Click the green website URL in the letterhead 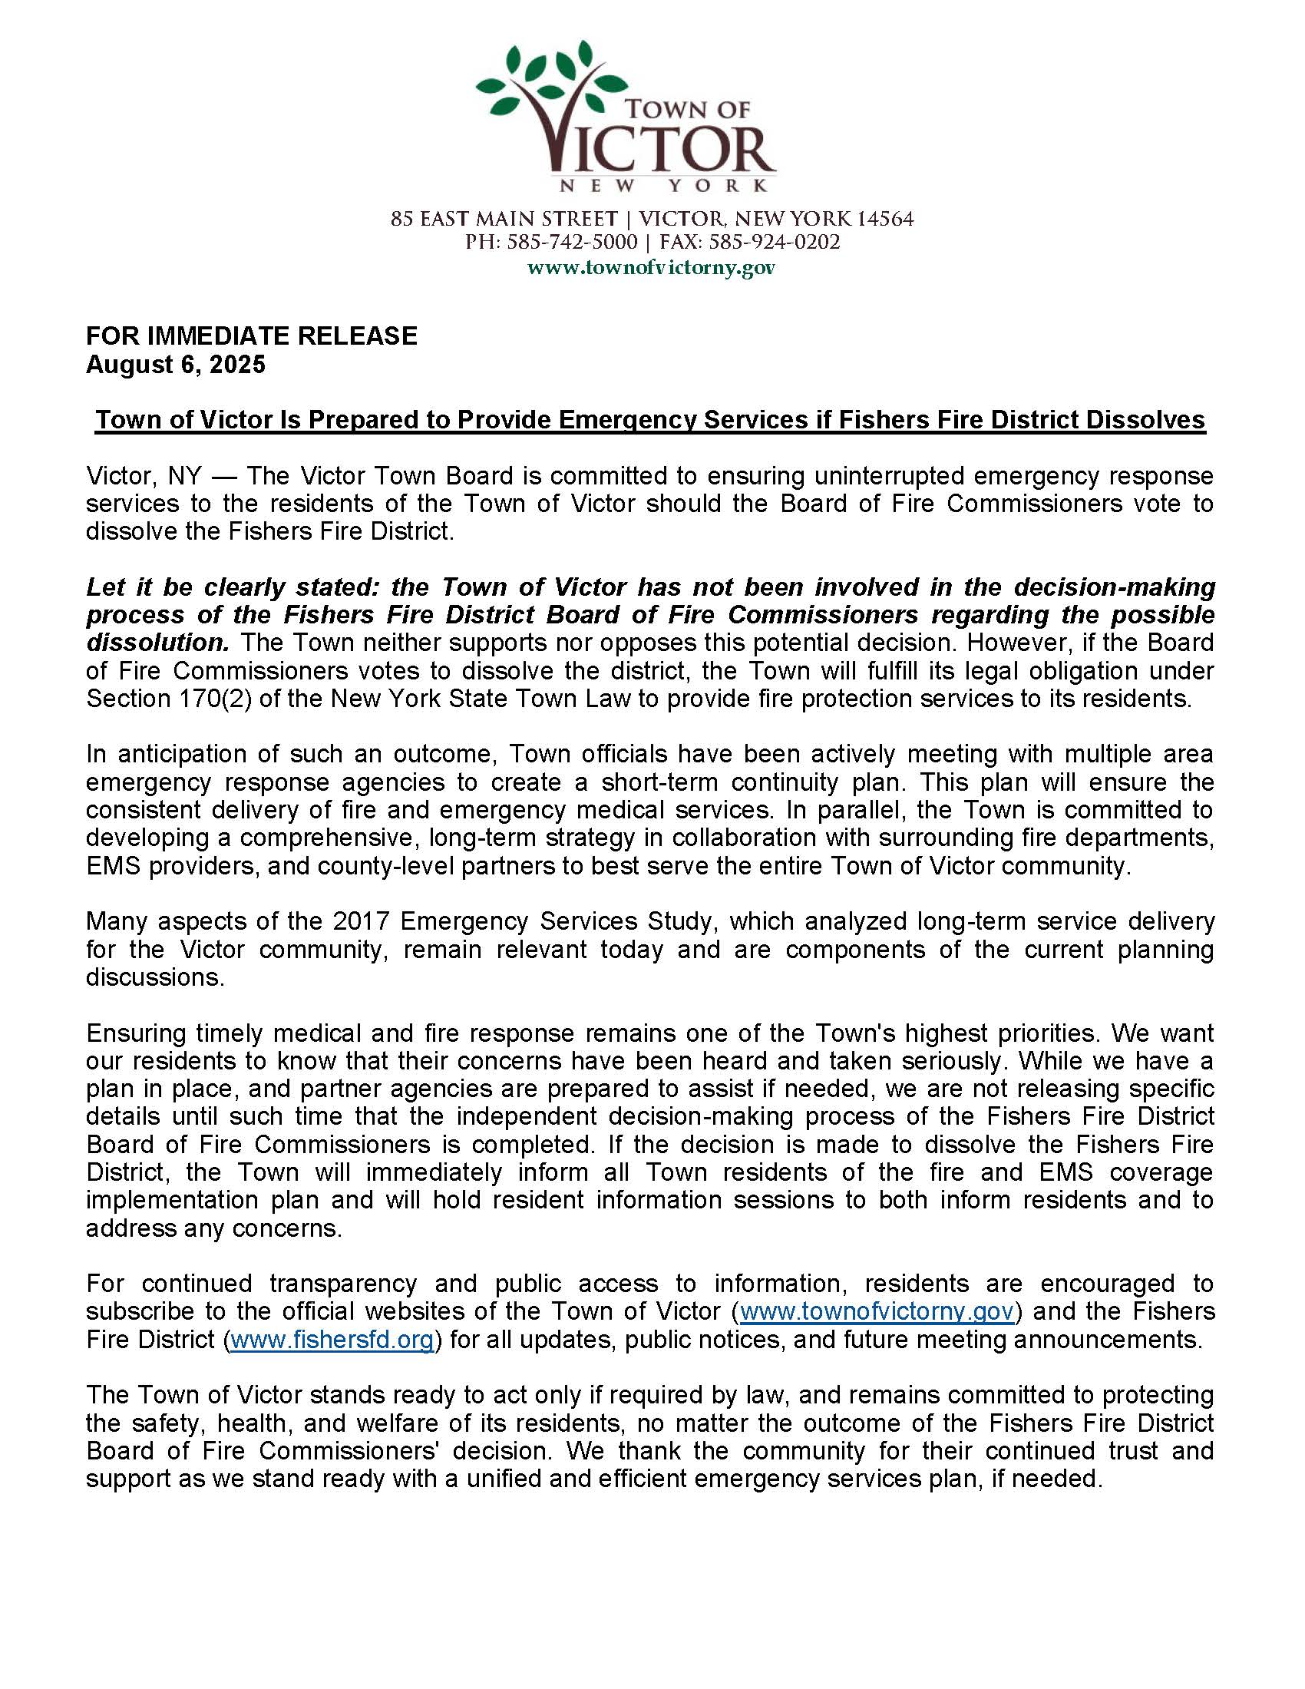[651, 269]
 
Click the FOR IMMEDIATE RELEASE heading [251, 335]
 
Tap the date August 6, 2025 [176, 364]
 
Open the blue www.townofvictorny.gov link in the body [877, 1311]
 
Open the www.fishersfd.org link [332, 1339]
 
